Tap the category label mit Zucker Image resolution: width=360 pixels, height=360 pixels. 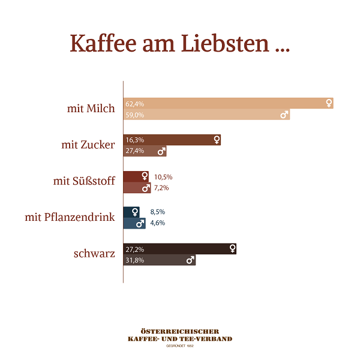point(88,145)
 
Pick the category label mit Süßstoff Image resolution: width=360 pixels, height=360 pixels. point(84,181)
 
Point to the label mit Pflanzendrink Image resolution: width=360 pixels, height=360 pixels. point(70,217)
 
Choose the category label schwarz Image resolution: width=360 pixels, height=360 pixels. point(94,254)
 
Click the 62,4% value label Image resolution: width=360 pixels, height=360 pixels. point(134,104)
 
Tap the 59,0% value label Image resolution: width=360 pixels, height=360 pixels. point(134,115)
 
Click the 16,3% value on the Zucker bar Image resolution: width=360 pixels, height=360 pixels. point(134,140)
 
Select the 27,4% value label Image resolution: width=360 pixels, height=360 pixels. point(134,151)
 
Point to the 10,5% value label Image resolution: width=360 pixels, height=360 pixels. point(163,177)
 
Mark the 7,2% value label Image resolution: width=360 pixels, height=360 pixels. point(161,188)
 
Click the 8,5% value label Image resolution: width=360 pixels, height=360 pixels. point(157,212)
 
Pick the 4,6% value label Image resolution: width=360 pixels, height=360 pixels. point(157,223)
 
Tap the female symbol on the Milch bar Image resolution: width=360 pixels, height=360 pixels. point(329,103)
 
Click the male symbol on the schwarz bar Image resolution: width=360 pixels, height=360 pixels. point(190,260)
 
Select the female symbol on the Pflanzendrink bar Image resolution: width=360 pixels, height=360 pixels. point(135,212)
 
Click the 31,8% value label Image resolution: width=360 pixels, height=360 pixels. point(134,260)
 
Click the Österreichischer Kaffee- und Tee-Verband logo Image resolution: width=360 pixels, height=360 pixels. point(180,337)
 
